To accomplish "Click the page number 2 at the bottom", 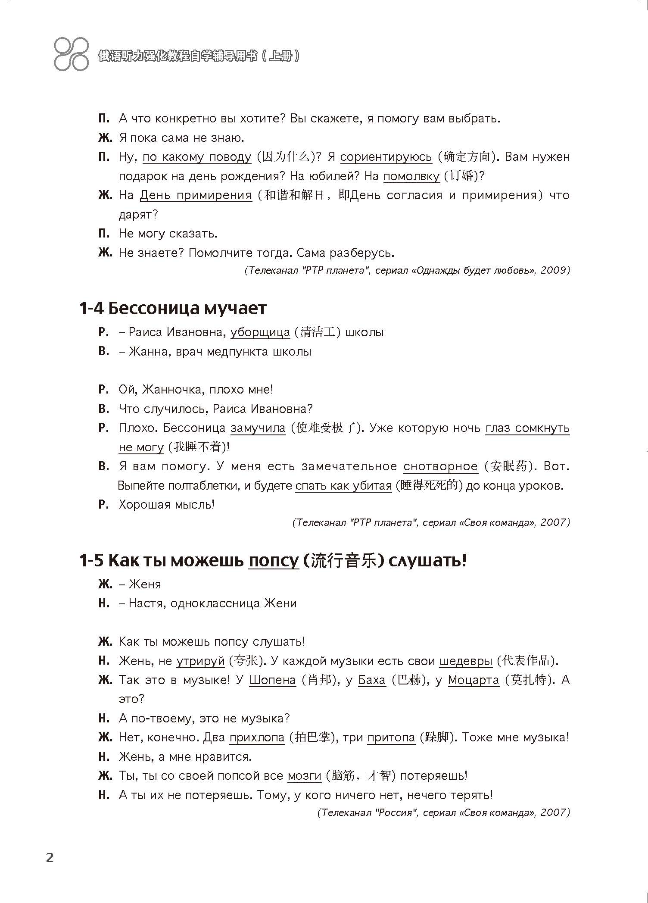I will click(x=50, y=858).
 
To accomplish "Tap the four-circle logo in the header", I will click(x=72, y=54).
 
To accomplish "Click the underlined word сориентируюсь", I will click(x=386, y=157).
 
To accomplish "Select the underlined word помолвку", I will click(x=411, y=176).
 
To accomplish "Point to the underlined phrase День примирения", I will click(x=196, y=195).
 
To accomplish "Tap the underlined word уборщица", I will click(x=260, y=332).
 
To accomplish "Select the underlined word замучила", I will click(x=258, y=428).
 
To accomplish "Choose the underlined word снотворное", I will click(x=440, y=466).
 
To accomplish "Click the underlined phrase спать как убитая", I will click(x=343, y=486).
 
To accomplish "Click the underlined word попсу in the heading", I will click(x=274, y=561).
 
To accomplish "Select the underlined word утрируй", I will click(x=200, y=661).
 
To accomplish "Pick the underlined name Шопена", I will click(x=272, y=680).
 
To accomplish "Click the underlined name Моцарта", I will click(x=473, y=680).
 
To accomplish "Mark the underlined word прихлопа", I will click(x=257, y=737).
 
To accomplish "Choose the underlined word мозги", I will click(x=304, y=776).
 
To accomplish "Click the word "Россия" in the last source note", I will click(x=394, y=813).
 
